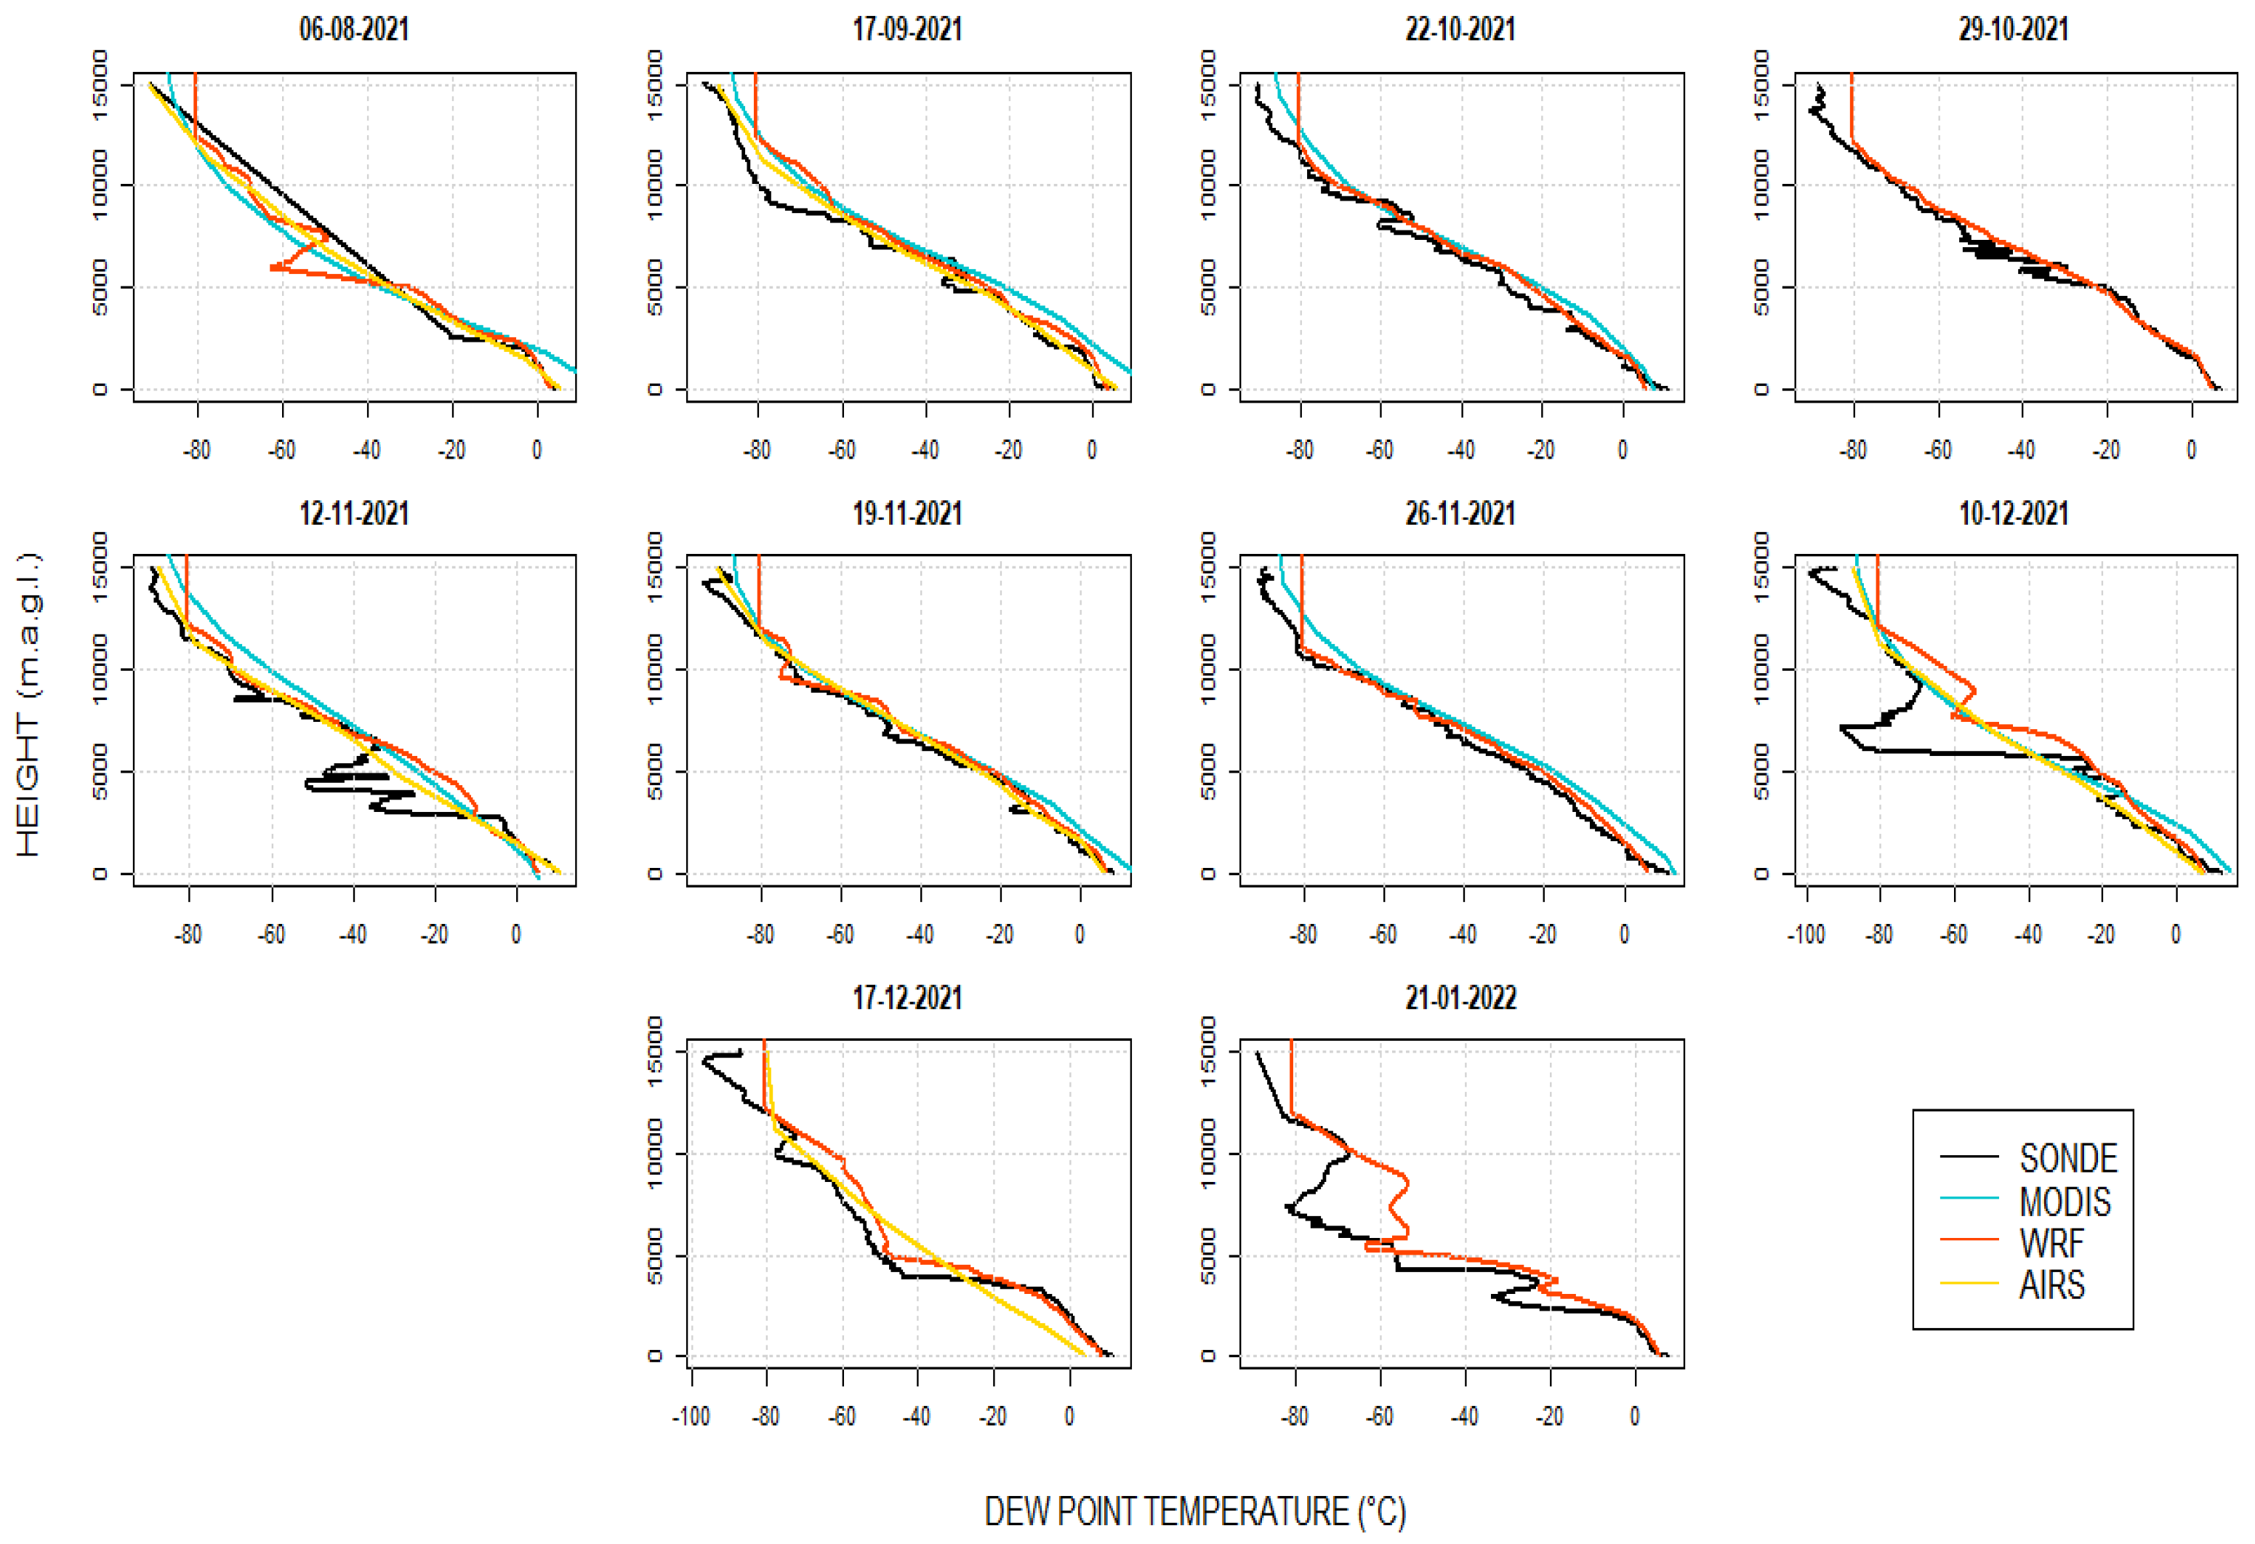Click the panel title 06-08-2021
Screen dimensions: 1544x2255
[x=354, y=29]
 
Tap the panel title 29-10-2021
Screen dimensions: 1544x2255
[x=2014, y=29]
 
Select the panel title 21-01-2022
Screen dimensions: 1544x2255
[x=1460, y=997]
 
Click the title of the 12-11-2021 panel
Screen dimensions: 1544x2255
[x=354, y=513]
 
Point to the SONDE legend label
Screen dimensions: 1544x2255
[x=2067, y=1158]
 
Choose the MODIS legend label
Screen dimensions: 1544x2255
[x=2065, y=1202]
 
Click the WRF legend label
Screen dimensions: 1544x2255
[x=2051, y=1243]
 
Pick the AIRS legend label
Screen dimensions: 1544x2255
[x=2051, y=1285]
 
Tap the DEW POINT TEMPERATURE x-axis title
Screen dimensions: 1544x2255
[x=1194, y=1511]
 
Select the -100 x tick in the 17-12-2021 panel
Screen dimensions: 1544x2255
[x=691, y=1416]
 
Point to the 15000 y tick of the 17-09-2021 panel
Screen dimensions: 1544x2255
[x=655, y=84]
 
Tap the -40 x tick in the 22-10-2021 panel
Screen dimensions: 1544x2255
[x=1460, y=449]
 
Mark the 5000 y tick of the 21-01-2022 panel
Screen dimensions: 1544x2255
[x=1208, y=1257]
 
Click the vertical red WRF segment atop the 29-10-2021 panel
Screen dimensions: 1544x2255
[x=1852, y=107]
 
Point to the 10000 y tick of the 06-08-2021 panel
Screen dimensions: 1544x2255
[x=100, y=185]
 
